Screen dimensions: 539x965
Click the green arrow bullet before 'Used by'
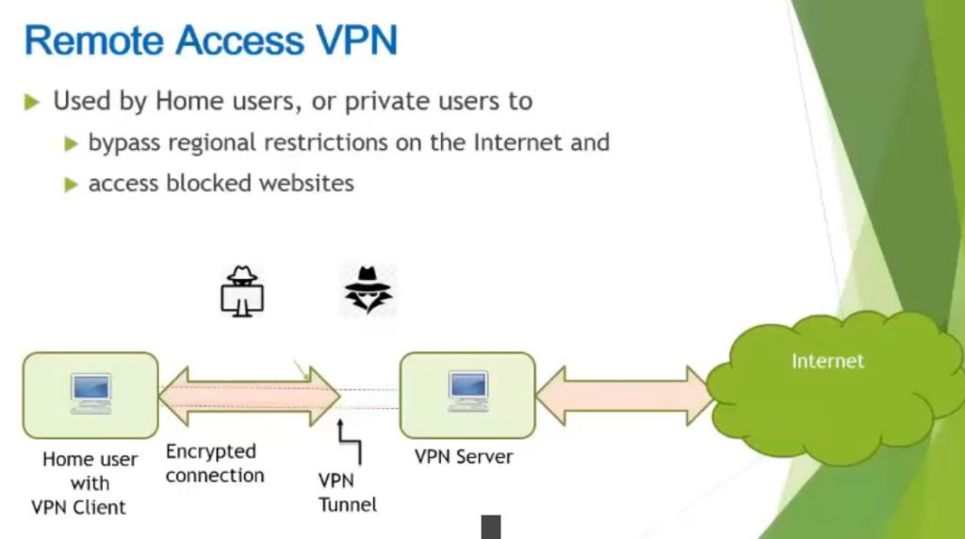[x=33, y=102]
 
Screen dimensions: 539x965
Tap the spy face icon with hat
[x=368, y=288]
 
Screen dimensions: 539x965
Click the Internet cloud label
[x=827, y=361]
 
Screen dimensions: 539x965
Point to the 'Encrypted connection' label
[x=214, y=464]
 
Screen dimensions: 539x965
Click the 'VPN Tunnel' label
[x=347, y=493]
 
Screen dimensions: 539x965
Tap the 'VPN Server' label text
[x=464, y=457]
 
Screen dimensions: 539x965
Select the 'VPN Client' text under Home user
[x=78, y=507]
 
